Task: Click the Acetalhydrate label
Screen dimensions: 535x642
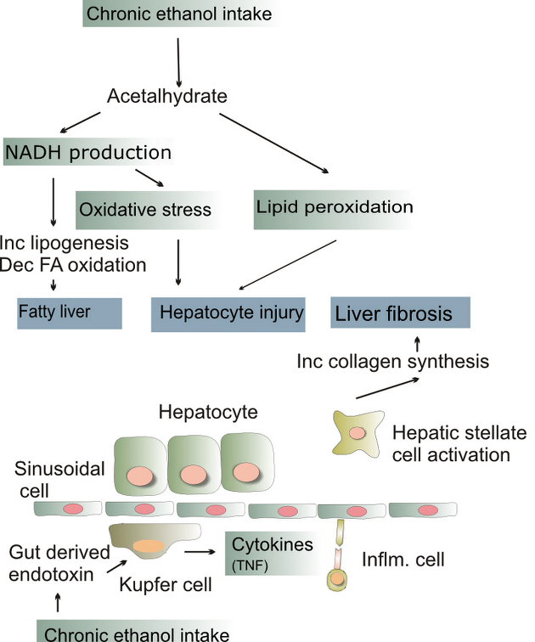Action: (x=167, y=96)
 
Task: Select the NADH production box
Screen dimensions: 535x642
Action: (x=88, y=152)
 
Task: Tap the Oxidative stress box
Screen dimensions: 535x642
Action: (x=148, y=210)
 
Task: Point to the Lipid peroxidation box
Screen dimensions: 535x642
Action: (x=334, y=209)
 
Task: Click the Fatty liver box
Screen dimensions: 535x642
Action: (x=70, y=313)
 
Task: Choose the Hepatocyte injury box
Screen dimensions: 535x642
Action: (x=228, y=314)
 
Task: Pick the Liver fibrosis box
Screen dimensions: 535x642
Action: (x=400, y=313)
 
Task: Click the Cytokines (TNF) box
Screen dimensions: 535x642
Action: (x=272, y=554)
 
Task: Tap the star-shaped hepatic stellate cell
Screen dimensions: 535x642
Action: (x=358, y=434)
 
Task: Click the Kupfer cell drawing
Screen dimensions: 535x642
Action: (x=155, y=540)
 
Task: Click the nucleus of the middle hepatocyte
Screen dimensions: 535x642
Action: (x=194, y=476)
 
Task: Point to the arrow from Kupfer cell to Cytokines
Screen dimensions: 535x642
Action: (x=200, y=552)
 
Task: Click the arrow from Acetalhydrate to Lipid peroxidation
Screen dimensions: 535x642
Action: (x=273, y=144)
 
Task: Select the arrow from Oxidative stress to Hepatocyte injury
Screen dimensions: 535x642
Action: (x=177, y=262)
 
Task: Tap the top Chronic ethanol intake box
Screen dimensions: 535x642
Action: (x=180, y=14)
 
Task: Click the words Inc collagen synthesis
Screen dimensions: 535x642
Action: (x=392, y=362)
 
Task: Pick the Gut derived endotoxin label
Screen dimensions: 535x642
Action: (x=59, y=563)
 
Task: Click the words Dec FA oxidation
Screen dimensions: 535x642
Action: (x=73, y=265)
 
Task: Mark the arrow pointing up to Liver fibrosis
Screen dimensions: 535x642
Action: (x=418, y=344)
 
